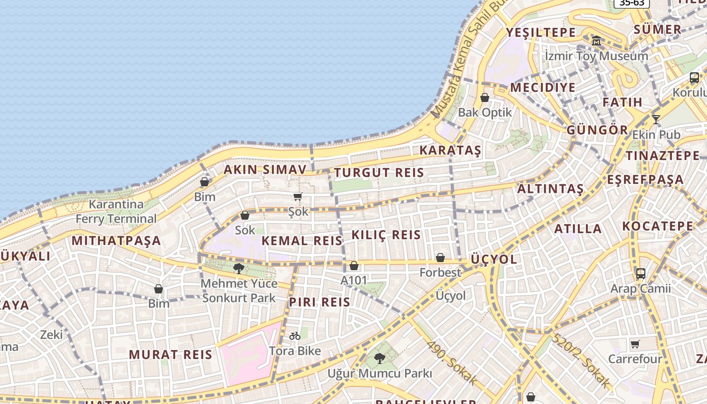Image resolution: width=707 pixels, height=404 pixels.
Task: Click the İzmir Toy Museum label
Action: [596, 56]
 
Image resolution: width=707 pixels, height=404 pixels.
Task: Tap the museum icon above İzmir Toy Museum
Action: [596, 41]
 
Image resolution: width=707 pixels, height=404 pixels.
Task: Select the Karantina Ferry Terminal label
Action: [116, 212]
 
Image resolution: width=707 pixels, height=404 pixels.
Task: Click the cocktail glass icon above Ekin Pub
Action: [655, 120]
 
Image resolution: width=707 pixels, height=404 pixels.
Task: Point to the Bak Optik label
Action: [485, 113]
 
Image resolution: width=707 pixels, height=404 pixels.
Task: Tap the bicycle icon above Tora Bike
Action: [295, 335]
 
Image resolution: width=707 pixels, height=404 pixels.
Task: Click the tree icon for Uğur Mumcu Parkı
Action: [379, 359]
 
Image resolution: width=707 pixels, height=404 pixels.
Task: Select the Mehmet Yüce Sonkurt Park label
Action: [239, 291]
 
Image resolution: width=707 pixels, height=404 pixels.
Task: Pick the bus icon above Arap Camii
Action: [640, 274]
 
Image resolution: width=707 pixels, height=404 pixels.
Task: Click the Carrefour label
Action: [635, 359]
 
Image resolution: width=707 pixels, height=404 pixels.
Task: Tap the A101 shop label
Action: [354, 280]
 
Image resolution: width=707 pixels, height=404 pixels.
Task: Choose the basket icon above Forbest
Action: [440, 258]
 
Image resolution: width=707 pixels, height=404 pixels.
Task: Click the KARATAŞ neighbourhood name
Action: [450, 150]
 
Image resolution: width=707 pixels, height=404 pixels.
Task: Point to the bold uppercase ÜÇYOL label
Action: [494, 260]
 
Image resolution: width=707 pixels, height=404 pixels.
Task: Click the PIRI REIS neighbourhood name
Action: [319, 302]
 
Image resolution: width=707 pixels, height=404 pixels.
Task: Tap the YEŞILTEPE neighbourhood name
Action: [541, 33]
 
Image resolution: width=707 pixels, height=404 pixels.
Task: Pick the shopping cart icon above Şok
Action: [297, 196]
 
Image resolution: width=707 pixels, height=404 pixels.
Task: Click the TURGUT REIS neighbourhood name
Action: [379, 173]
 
